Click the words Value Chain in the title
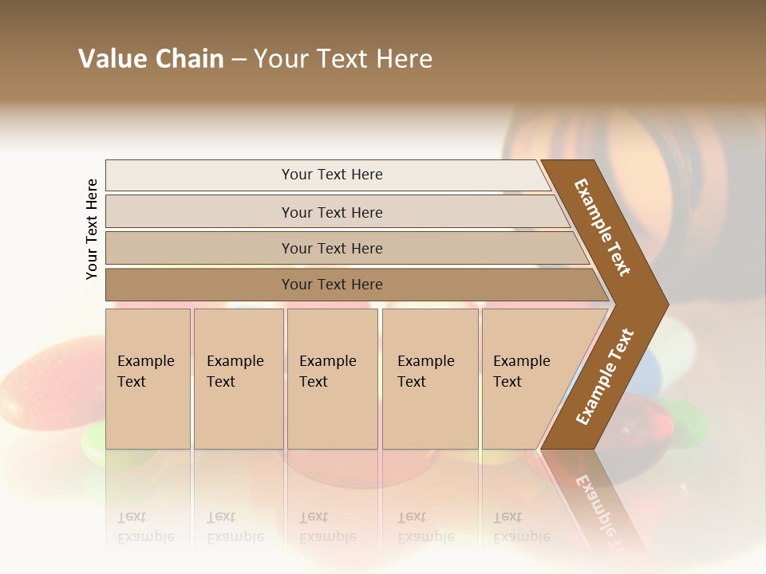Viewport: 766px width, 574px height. click(x=151, y=59)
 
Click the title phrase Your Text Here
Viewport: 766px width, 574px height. click(x=343, y=59)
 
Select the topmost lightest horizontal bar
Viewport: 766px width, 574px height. click(x=331, y=175)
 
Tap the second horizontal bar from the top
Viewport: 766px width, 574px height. click(x=331, y=212)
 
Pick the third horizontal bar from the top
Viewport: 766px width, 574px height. click(x=331, y=248)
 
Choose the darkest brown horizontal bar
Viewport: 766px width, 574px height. click(x=331, y=285)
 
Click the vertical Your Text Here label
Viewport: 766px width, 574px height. click(x=92, y=229)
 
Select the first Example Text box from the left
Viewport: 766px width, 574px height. click(x=148, y=379)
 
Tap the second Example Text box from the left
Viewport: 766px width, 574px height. click(x=238, y=379)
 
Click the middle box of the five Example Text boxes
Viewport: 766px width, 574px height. click(x=332, y=379)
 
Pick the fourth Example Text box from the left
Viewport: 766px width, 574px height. click(x=430, y=379)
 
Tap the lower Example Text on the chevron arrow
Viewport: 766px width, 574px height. click(x=604, y=377)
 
